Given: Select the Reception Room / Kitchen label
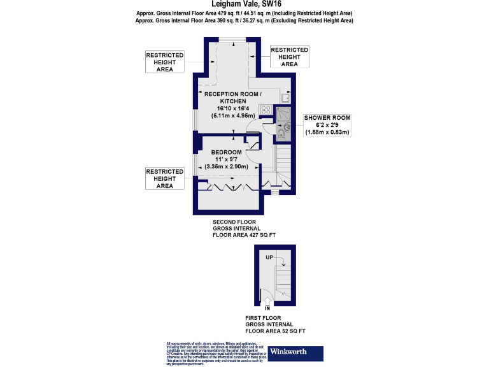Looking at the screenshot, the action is pos(231,98).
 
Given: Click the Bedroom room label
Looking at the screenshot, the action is pos(227,152).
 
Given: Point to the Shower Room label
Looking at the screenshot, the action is pos(327,118).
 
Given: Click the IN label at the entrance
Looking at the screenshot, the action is pos(267,309).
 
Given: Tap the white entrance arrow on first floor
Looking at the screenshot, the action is pos(267,302).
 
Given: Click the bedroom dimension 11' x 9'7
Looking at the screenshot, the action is pos(227,159).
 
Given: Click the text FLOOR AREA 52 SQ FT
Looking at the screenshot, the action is pos(276,331).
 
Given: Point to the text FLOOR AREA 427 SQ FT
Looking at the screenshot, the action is pos(244,235).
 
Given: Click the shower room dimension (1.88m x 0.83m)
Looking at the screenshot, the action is pos(327,133).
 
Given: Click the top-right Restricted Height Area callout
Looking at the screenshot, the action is pos(289,57).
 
